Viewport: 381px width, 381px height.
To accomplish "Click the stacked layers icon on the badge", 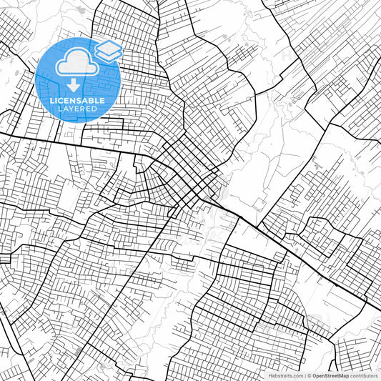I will pyautogui.click(x=109, y=51).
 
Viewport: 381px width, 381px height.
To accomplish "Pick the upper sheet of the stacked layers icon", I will pyautogui.click(x=109, y=47).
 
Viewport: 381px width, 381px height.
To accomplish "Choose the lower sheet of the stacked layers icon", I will pyautogui.click(x=109, y=55).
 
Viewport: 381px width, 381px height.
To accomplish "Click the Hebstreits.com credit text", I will pyautogui.click(x=284, y=375).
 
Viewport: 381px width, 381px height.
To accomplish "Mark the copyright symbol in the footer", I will pyautogui.click(x=309, y=375).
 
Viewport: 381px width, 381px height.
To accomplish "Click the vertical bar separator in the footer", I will pyautogui.click(x=304, y=375).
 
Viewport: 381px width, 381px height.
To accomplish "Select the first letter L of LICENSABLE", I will pyautogui.click(x=51, y=100).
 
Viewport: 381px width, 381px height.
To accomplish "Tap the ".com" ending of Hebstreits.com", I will pyautogui.click(x=297, y=375).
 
